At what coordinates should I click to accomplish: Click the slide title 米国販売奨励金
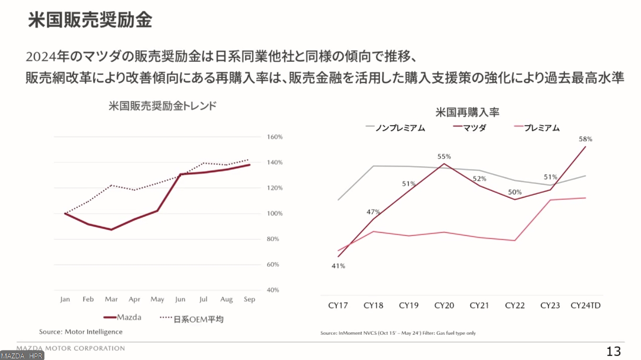click(90, 20)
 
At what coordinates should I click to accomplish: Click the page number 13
click(613, 351)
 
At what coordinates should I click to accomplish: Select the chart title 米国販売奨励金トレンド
click(162, 106)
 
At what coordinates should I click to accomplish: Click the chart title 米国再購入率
click(467, 112)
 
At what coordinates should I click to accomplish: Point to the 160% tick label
click(275, 137)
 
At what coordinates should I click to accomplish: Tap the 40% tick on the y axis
click(273, 290)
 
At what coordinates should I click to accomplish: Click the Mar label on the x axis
click(111, 299)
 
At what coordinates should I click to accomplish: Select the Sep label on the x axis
click(250, 299)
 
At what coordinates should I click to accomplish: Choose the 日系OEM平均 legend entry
click(198, 319)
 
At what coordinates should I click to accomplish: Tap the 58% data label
click(585, 139)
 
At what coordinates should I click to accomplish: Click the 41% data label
click(338, 266)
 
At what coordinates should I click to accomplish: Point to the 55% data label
click(444, 156)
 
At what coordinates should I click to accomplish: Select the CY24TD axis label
click(585, 305)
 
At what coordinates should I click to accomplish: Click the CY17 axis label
click(338, 305)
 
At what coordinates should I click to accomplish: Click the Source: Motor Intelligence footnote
click(81, 332)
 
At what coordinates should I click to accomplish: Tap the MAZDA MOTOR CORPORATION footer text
click(71, 348)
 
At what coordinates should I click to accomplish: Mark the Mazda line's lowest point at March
click(111, 229)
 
